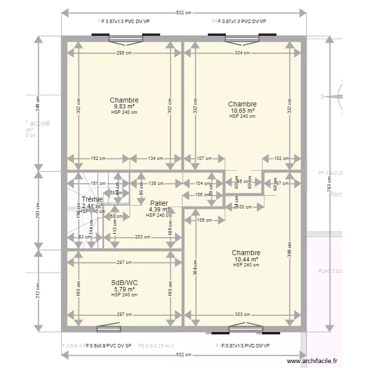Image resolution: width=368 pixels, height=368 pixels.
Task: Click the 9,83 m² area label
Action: [x=124, y=106]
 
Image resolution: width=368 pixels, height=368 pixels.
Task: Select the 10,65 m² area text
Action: [x=242, y=110]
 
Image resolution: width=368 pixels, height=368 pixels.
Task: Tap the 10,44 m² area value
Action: [x=246, y=259]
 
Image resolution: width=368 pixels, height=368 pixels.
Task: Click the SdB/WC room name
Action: [x=124, y=283]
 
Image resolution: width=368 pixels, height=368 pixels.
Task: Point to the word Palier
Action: [x=159, y=203]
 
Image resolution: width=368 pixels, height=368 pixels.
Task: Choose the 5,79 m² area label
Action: [x=124, y=289]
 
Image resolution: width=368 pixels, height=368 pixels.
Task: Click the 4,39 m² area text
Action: [x=159, y=210]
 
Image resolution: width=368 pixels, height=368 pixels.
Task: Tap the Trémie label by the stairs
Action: [x=92, y=199]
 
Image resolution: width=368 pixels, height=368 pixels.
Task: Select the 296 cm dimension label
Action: [x=124, y=53]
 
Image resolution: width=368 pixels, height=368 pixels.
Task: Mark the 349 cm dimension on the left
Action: [x=38, y=104]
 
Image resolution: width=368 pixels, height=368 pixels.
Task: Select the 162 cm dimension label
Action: [x=98, y=158]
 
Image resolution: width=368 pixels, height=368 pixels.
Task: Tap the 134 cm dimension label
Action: [x=156, y=158]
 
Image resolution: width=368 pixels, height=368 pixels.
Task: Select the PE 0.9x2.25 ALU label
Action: [x=156, y=346]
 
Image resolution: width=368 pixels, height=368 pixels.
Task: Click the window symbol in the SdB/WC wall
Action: [x=108, y=328]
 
